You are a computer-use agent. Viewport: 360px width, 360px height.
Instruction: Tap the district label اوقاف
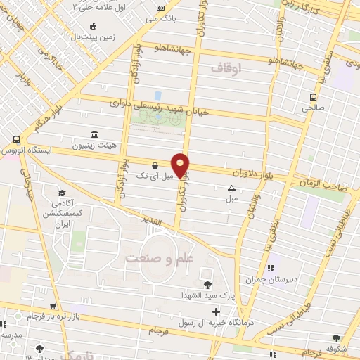pos(226,67)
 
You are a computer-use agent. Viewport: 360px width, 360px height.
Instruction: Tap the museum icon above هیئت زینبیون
pos(94,134)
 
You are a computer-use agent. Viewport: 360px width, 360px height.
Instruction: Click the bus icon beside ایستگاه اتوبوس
pos(15,140)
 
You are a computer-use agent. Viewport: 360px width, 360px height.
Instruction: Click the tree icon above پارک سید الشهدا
pos(207,285)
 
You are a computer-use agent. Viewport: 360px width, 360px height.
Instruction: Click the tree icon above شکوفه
pos(336,339)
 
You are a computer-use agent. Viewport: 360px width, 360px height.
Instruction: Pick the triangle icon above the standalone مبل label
pos(231,188)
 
